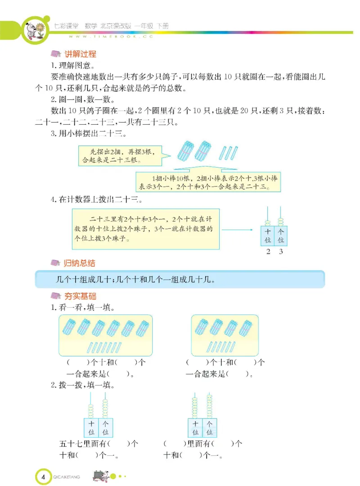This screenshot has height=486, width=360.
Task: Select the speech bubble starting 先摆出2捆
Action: tap(119, 156)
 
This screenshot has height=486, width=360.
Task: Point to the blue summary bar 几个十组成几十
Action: tap(180, 280)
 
